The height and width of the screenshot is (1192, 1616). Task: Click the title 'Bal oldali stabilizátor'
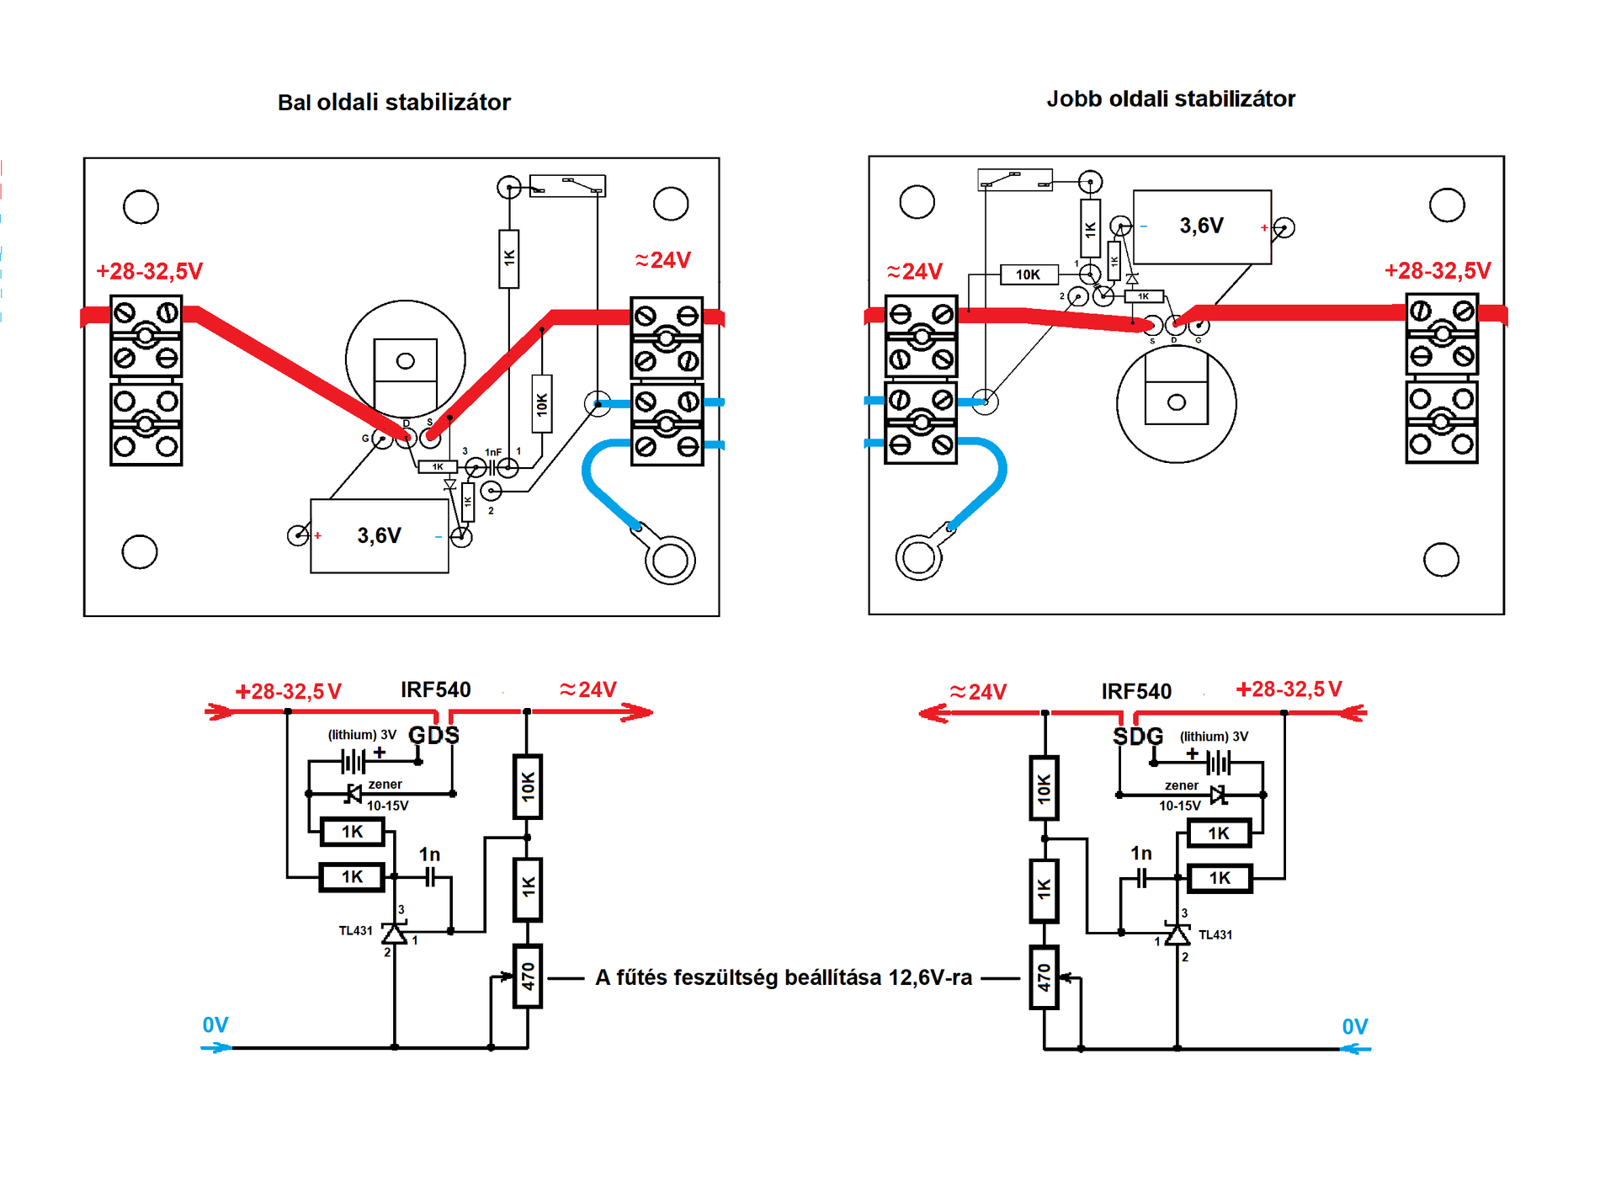[394, 103]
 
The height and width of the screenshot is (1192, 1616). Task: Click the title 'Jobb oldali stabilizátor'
[1171, 99]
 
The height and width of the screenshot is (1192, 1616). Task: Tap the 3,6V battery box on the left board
[379, 536]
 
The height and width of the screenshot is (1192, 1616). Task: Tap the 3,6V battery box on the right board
[1202, 226]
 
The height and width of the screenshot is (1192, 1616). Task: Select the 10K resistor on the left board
[542, 404]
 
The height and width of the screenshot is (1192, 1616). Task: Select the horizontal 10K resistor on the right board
[1029, 274]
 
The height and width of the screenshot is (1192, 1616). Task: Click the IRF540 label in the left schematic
[435, 690]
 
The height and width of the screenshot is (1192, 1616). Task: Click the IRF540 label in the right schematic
[1136, 692]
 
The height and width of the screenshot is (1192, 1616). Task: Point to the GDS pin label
[433, 736]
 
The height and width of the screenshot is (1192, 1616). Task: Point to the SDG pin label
[1138, 737]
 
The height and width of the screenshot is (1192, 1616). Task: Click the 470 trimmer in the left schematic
[528, 976]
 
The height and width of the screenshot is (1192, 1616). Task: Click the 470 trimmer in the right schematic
[1044, 977]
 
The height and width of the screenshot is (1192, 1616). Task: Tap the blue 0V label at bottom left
[215, 1025]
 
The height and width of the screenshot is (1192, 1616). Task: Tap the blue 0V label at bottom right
[1354, 1027]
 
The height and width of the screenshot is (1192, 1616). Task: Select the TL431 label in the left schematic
[355, 931]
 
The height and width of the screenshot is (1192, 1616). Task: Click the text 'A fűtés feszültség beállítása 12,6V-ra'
[783, 978]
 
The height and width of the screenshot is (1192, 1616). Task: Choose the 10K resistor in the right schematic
[1044, 789]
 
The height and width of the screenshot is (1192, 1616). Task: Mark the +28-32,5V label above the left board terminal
[149, 272]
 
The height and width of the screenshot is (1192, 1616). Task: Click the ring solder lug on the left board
[670, 560]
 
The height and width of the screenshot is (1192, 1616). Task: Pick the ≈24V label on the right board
[914, 272]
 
